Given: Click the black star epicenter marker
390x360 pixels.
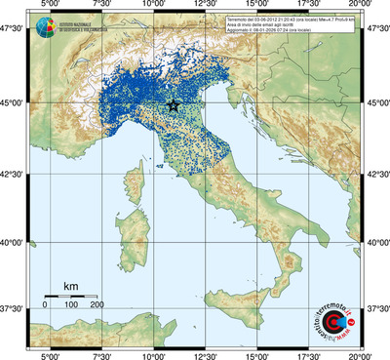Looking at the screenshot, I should pos(174,105).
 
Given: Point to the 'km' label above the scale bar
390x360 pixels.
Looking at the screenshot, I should pos(70,286).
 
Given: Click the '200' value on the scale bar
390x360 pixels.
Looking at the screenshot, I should pos(97,305).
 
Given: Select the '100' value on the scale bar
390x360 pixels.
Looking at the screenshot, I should pos(71,305).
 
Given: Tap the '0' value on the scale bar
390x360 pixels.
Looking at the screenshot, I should pos(45,305).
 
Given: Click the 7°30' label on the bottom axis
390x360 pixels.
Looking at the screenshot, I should pos(100,354).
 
